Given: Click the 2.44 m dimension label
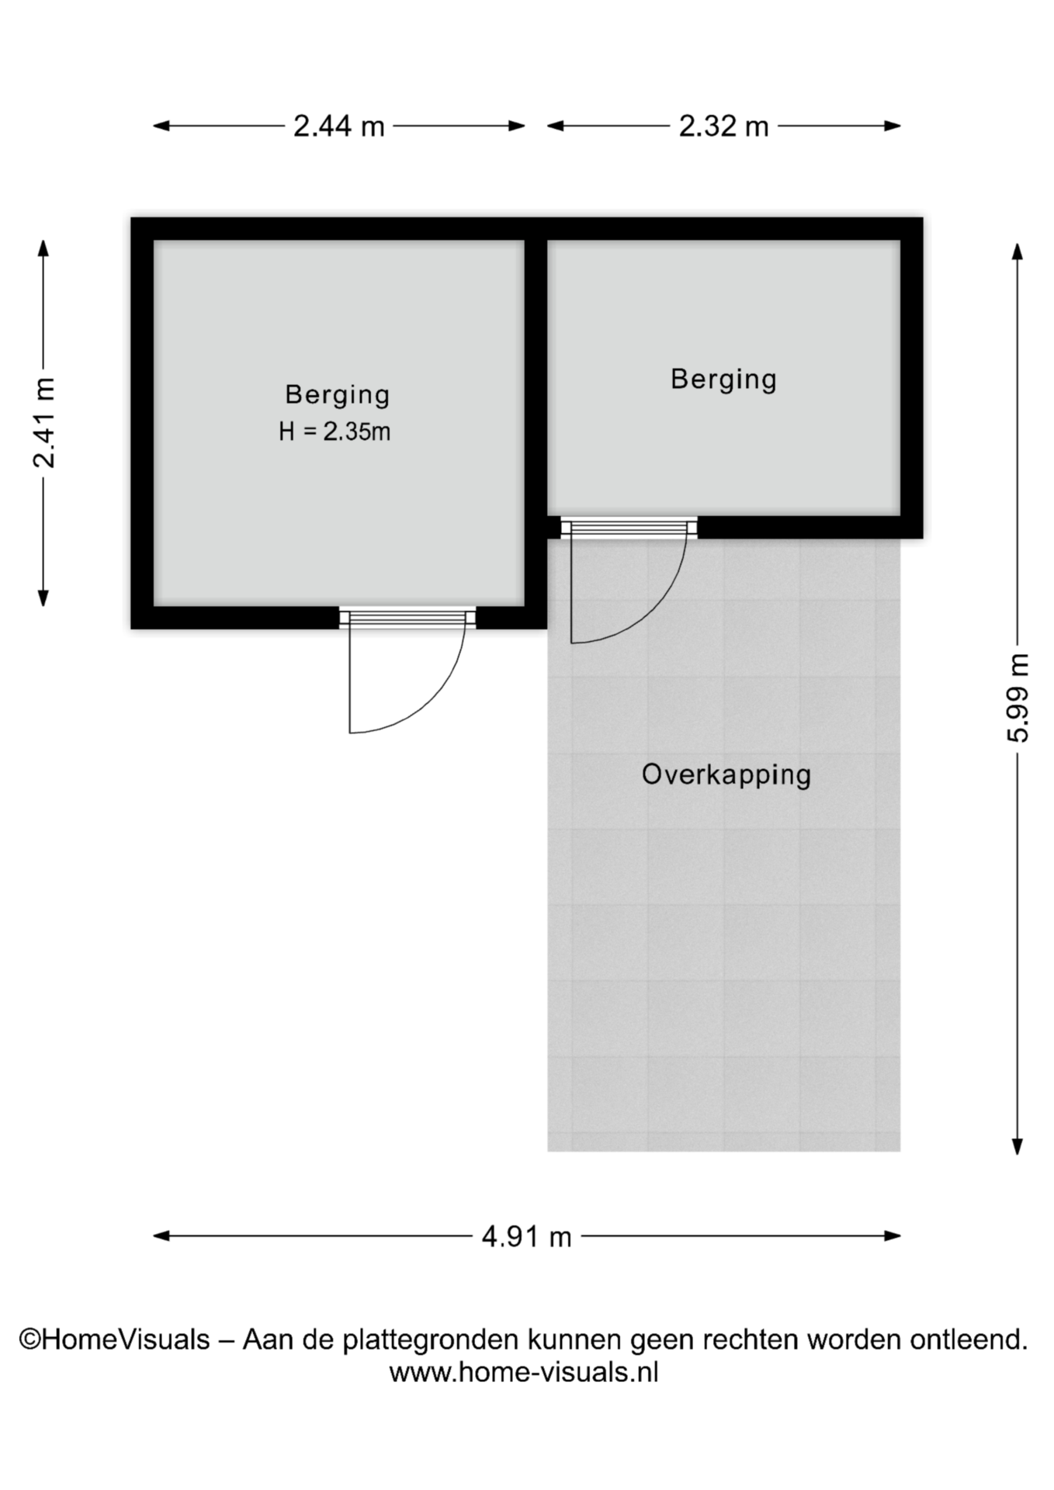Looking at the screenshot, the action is pos(338,126).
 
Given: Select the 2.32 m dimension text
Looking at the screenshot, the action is pos(723,126).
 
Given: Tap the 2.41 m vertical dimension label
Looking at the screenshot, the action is pos(44,423).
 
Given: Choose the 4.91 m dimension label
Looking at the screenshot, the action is pos(526,1236).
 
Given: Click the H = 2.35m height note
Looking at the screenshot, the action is pos(335,431).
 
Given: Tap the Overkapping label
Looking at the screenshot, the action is pos(726,774).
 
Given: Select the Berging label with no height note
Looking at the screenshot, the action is pos(723,379).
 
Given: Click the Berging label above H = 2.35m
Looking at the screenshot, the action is pos(338,395).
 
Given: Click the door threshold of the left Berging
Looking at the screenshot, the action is pos(407,618).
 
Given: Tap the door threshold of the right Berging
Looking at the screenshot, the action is pos(629,528).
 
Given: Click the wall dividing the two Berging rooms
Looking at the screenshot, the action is pos(536,423).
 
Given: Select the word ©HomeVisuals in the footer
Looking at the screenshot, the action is pos(114,1339).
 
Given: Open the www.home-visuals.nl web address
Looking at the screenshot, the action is pos(524,1372).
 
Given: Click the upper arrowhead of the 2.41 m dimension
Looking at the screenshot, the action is pos(43,248).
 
